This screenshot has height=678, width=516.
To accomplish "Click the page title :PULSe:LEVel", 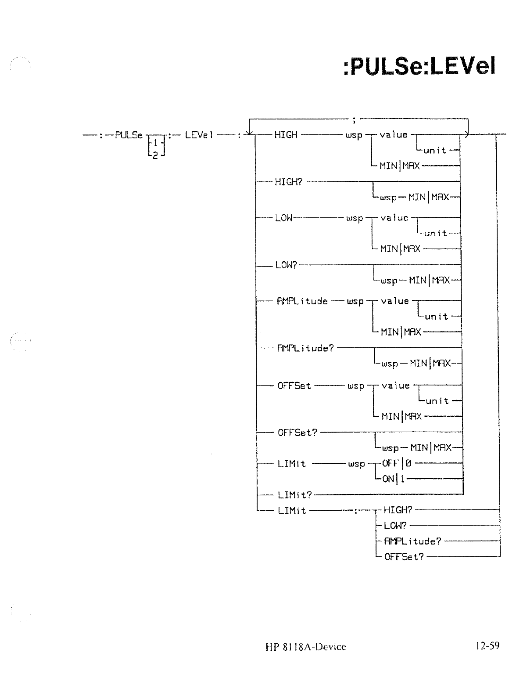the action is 419,67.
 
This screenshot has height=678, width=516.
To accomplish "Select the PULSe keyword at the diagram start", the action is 129,135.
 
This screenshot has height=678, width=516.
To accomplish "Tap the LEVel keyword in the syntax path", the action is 199,135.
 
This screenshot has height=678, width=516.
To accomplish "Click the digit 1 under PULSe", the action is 155,143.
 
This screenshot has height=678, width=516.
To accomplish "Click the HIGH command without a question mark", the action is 286,135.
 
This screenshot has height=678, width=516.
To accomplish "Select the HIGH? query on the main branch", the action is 288,182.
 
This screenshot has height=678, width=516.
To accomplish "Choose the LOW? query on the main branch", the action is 286,265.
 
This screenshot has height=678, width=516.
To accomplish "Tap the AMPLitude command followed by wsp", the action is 302,301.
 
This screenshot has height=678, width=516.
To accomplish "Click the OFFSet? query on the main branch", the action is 297,433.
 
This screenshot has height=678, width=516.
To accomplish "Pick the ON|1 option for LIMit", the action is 394,479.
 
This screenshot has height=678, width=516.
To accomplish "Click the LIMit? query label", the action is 294,495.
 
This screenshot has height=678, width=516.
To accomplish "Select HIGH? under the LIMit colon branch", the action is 398,510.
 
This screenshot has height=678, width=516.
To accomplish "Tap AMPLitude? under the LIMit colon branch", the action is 412,541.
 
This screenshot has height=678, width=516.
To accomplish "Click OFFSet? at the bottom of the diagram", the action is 404,557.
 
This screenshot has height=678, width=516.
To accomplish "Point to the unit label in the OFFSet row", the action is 437,401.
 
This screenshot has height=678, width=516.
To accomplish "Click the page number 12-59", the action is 487,646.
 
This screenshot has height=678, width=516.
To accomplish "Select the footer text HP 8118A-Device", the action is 305,646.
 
